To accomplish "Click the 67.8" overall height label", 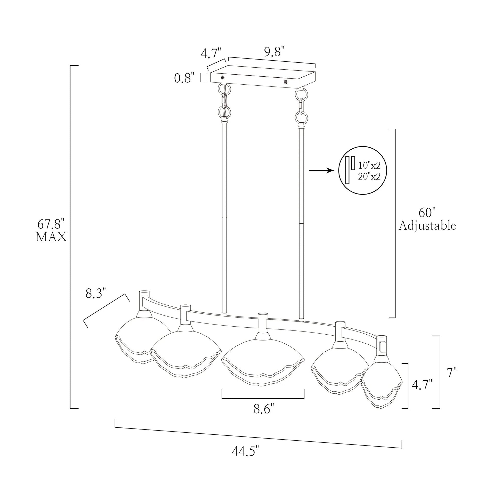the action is click(x=51, y=224).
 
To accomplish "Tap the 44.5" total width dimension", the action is click(x=246, y=452).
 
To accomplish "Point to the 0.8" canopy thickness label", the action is click(x=184, y=78).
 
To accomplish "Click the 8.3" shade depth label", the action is click(x=96, y=294).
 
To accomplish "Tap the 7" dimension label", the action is click(x=452, y=373).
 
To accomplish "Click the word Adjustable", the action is click(x=427, y=225).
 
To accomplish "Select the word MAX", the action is click(x=51, y=237).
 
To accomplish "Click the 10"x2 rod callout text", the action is click(x=369, y=165).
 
